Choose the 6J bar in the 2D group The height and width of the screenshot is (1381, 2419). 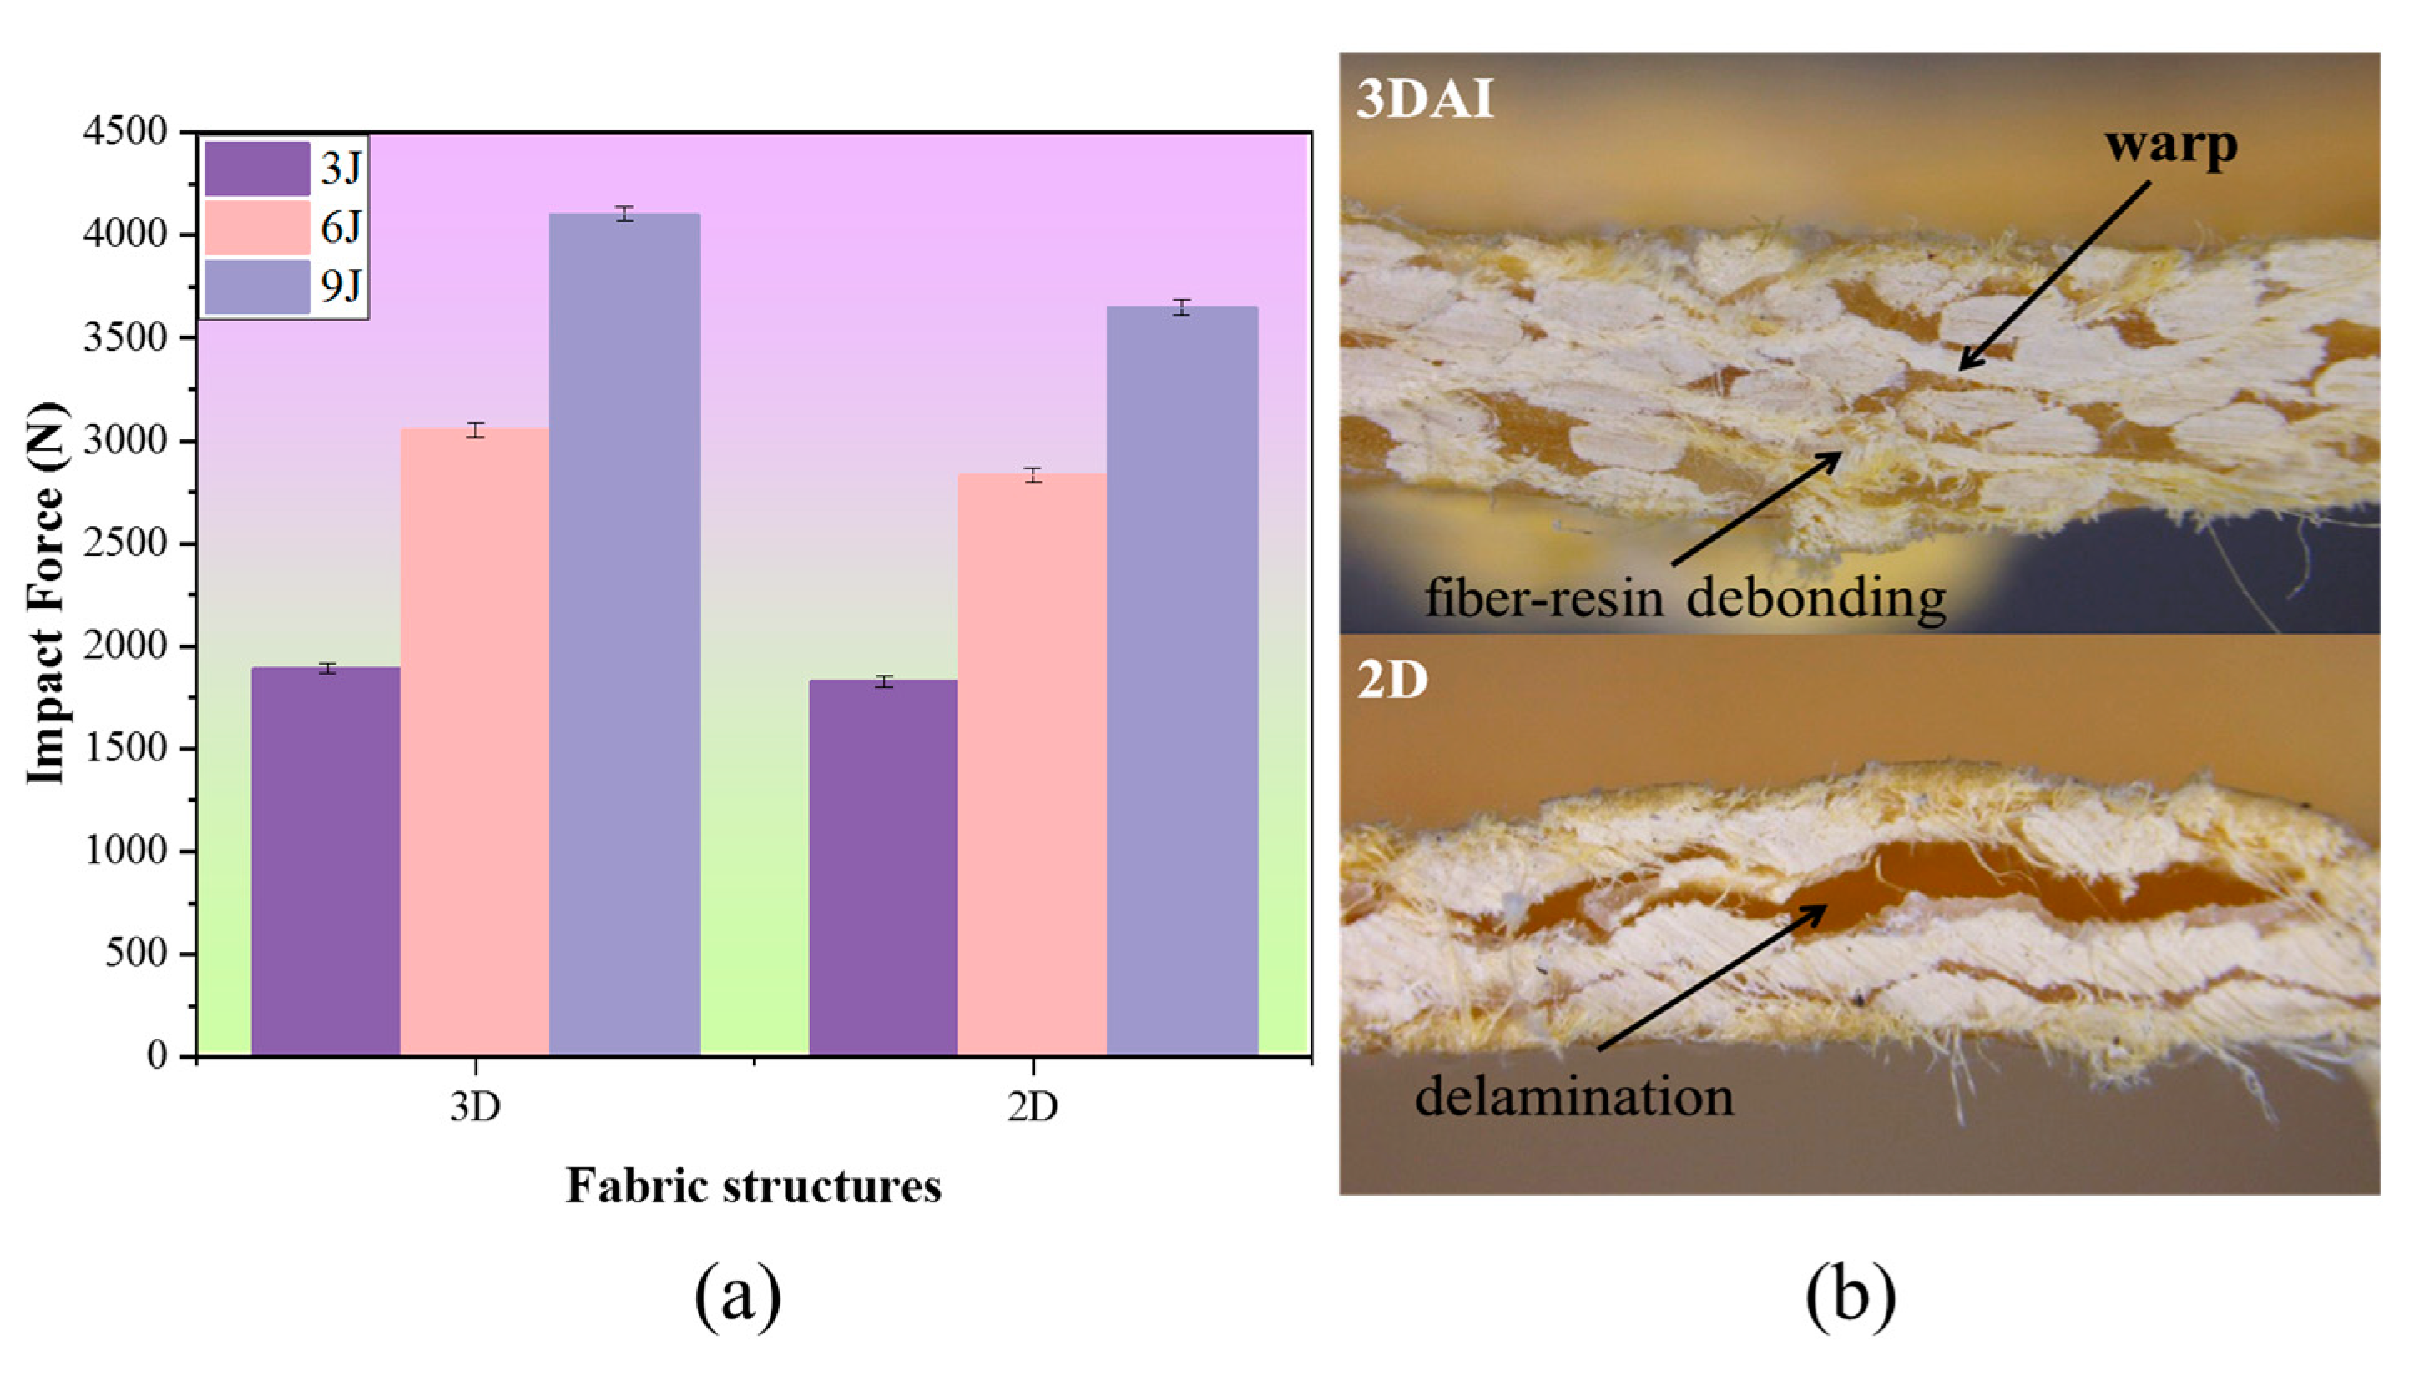tap(1032, 763)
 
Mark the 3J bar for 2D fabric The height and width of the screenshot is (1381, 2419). tap(883, 867)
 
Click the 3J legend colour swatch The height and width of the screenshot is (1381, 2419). tap(257, 169)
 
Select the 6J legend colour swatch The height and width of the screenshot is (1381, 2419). tap(257, 228)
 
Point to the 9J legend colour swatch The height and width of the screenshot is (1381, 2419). tap(257, 286)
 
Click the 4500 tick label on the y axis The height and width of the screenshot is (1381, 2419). tap(125, 132)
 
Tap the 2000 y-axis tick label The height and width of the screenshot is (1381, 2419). tap(125, 646)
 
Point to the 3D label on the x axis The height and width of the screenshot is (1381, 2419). tap(474, 1107)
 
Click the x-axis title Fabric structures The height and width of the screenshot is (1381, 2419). tap(754, 1186)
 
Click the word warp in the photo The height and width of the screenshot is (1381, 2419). tap(2170, 145)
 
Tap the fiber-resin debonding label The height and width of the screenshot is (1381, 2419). tap(1685, 599)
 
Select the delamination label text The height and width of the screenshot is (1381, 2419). tap(1574, 1097)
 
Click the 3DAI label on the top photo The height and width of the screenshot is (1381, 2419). tap(1424, 99)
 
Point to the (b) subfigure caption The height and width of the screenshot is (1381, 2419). tap(1850, 1297)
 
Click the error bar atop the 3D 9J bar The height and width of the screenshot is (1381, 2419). tap(624, 214)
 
